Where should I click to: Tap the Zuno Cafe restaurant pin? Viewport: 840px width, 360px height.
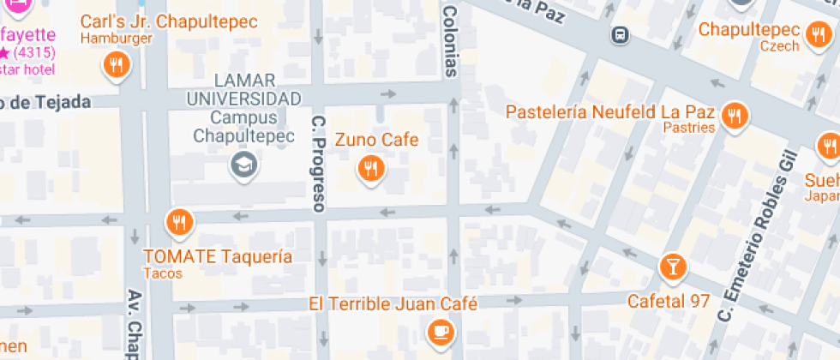[x=370, y=168]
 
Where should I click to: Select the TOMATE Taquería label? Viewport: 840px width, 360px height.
[x=218, y=256]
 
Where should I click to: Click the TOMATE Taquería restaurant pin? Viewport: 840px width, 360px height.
[x=179, y=222]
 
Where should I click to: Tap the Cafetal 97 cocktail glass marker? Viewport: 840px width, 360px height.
[x=674, y=267]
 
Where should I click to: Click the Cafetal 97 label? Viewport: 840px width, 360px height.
[x=669, y=302]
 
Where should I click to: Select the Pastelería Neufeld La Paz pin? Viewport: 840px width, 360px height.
[x=733, y=115]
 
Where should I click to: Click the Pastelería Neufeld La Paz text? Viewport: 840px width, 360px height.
[x=611, y=112]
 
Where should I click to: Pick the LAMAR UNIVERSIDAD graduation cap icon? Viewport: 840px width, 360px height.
[x=245, y=165]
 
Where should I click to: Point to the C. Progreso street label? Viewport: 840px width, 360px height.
[x=319, y=163]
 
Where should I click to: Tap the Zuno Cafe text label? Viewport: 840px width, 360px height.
[x=376, y=140]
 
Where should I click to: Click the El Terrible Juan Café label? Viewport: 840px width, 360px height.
[x=393, y=303]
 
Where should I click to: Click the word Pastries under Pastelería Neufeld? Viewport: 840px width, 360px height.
[x=688, y=128]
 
